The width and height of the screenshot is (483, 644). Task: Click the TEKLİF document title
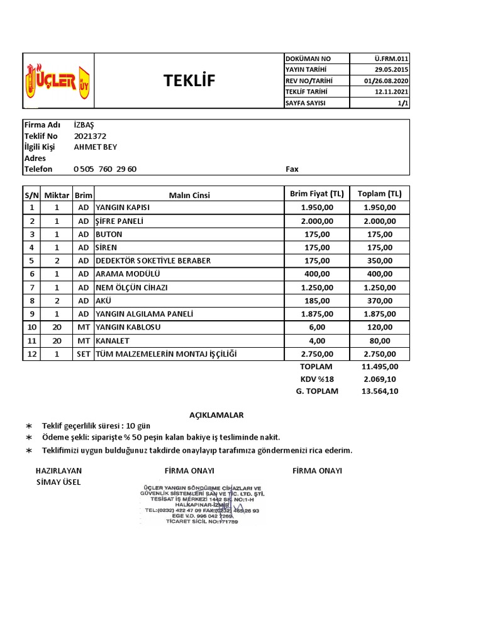coord(189,81)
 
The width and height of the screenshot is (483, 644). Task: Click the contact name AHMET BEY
coord(96,147)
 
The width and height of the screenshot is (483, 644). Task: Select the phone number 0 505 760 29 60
coord(105,169)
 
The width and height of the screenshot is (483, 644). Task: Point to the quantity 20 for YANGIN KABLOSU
coord(57,327)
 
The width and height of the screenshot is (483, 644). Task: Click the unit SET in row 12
coord(84,354)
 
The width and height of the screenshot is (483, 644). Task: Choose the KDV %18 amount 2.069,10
coord(379,379)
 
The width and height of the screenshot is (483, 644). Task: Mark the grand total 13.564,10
coord(379,391)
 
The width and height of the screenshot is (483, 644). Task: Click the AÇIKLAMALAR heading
coord(216,415)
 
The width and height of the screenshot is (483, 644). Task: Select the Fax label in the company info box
coord(292,169)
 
